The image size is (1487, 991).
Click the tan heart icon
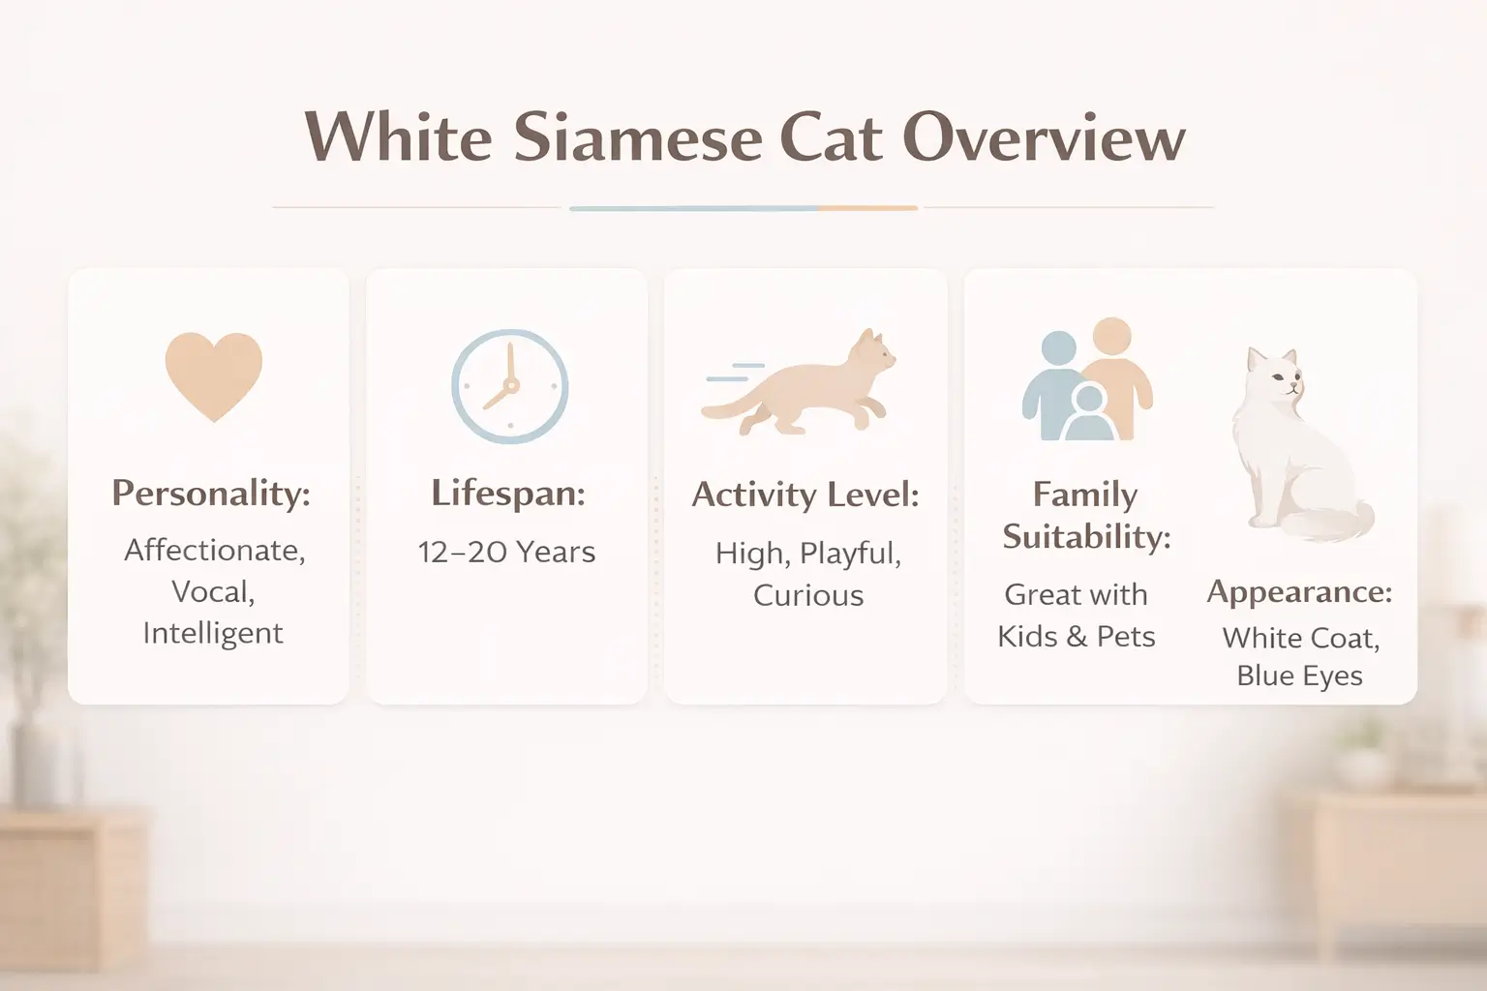(213, 375)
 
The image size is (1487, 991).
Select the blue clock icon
(509, 386)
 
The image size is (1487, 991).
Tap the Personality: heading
(211, 493)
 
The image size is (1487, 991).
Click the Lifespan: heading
(508, 493)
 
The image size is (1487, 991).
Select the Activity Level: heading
(805, 495)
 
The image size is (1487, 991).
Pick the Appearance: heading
(1299, 591)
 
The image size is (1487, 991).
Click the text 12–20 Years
(506, 552)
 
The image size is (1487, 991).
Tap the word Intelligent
(213, 633)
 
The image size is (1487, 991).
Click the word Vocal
(213, 591)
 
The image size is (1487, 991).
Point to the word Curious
(808, 595)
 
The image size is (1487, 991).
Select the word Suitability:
(1086, 536)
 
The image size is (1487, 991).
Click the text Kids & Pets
(1077, 636)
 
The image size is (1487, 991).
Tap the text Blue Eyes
(1299, 676)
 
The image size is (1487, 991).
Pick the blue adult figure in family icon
(1052, 382)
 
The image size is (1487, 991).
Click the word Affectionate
(214, 550)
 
